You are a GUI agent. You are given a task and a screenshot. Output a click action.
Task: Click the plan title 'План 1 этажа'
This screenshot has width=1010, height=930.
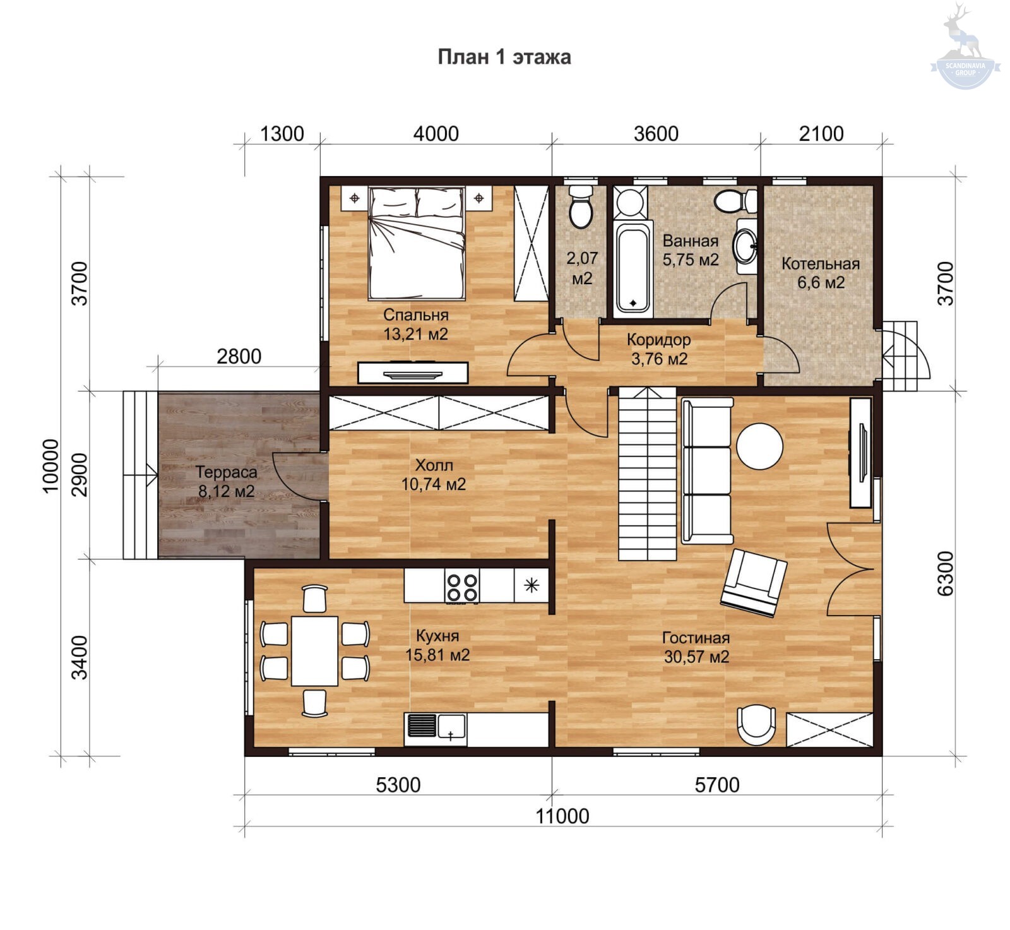point(504,57)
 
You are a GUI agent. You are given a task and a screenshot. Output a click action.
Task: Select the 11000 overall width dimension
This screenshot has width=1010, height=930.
point(562,816)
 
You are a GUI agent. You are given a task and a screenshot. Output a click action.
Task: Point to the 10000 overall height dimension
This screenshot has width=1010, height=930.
point(50,466)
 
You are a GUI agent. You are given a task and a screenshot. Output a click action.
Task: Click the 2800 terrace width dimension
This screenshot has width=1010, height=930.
point(239,357)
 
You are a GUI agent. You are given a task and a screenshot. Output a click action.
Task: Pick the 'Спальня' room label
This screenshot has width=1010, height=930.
point(416,314)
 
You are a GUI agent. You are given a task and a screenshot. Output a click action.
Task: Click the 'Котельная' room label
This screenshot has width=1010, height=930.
point(821,264)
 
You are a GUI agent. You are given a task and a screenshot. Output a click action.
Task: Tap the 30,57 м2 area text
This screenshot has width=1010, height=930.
point(696,657)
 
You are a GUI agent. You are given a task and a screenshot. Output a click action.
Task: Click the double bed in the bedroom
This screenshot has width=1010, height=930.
point(417,243)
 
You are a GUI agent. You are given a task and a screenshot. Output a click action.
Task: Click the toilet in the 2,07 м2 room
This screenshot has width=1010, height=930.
point(581,206)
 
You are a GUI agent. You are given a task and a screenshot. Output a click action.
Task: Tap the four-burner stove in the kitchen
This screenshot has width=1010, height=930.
point(462,587)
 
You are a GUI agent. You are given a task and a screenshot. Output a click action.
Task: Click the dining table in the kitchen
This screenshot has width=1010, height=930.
point(314,651)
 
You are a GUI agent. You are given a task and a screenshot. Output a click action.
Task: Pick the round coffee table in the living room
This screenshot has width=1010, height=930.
point(759,446)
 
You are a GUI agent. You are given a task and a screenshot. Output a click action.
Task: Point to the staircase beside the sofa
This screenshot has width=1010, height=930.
point(647,474)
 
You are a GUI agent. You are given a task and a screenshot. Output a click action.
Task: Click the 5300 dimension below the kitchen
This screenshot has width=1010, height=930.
point(398,785)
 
